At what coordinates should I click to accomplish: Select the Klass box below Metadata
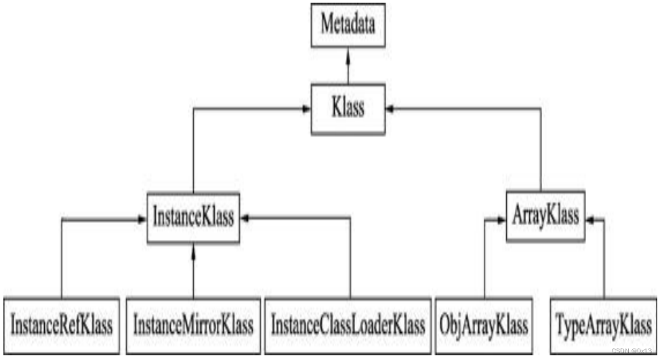pyautogui.click(x=348, y=108)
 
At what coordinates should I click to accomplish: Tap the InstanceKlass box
pyautogui.click(x=193, y=218)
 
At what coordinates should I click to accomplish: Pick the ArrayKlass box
pyautogui.click(x=545, y=216)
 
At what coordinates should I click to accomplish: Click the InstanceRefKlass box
pyautogui.click(x=61, y=325)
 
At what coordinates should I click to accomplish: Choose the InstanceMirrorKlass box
pyautogui.click(x=193, y=325)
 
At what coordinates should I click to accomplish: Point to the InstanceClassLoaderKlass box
pyautogui.click(x=348, y=325)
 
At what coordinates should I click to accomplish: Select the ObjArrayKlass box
pyautogui.click(x=484, y=325)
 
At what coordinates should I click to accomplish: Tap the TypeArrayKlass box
pyautogui.click(x=602, y=325)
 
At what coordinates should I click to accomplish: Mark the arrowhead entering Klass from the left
pyautogui.click(x=306, y=108)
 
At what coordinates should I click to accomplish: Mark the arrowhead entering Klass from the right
pyautogui.click(x=390, y=108)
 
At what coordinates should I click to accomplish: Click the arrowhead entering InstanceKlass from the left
pyautogui.click(x=142, y=219)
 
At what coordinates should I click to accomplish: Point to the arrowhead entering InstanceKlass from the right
pyautogui.click(x=245, y=218)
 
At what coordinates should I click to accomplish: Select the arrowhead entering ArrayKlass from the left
pyautogui.click(x=501, y=219)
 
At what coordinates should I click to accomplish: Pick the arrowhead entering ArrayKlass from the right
pyautogui.click(x=589, y=219)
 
